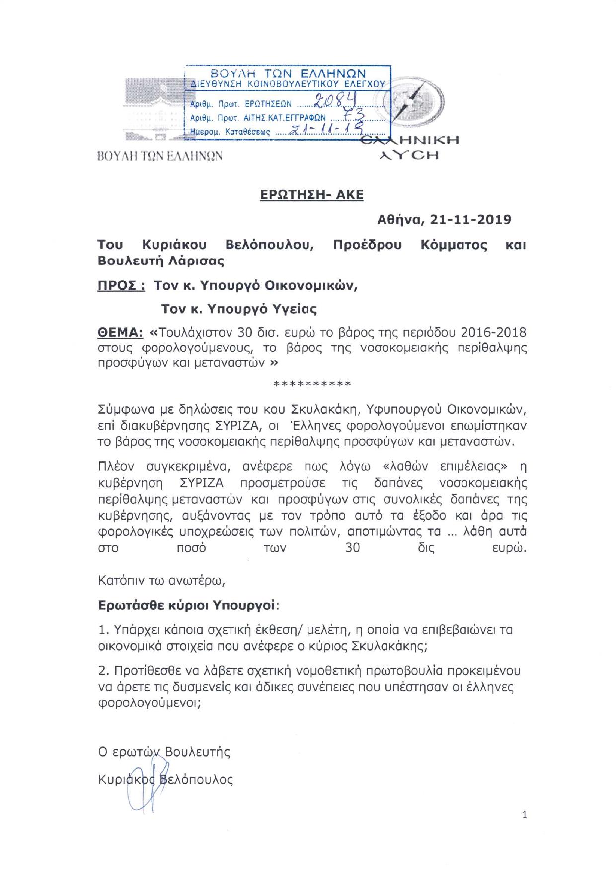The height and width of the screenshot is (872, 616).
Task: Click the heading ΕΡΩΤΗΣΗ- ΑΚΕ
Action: coord(311,195)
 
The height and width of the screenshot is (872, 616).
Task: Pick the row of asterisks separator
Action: coord(312,384)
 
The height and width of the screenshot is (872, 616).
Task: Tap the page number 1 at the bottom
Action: coord(525,815)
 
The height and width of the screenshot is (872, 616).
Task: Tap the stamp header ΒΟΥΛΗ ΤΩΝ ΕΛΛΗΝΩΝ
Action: coord(288,74)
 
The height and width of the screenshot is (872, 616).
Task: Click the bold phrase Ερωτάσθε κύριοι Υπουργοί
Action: coord(187,605)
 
